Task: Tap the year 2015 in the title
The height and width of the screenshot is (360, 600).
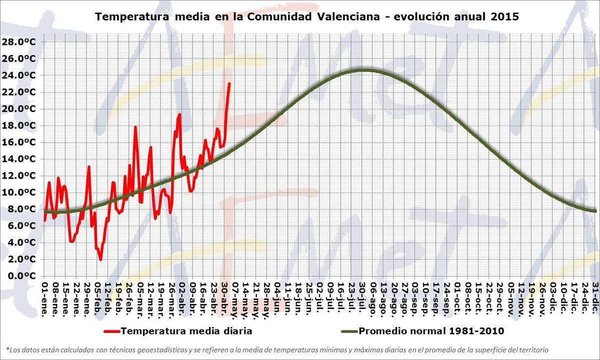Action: point(505,16)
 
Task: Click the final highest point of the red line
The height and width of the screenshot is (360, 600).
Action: point(229,83)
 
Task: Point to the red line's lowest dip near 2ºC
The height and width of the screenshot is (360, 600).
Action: point(100,259)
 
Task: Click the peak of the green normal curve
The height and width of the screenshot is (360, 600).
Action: point(364,70)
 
